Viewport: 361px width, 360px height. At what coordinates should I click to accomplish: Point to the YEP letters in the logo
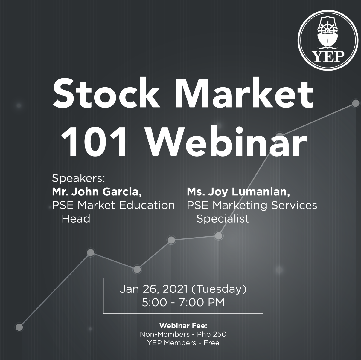click(x=329, y=56)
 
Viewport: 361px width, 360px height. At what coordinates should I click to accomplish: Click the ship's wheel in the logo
click(x=327, y=28)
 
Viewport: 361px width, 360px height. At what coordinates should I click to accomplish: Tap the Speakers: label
click(x=79, y=179)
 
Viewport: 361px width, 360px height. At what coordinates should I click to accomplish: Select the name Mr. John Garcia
click(x=97, y=192)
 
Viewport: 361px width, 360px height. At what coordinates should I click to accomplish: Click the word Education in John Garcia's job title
click(x=147, y=205)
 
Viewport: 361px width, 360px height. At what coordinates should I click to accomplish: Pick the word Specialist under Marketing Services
click(x=223, y=219)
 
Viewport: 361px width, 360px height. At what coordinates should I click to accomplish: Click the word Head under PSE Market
click(x=76, y=219)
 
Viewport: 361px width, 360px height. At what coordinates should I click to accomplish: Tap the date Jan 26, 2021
click(x=154, y=289)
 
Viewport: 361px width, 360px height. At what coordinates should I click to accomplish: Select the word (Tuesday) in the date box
click(x=219, y=289)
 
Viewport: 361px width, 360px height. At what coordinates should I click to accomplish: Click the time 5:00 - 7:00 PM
click(x=183, y=302)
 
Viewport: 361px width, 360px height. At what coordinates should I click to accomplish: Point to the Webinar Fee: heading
click(x=183, y=326)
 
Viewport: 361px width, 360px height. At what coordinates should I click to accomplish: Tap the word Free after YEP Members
click(x=211, y=343)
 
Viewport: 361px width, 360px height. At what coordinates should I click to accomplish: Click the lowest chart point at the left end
click(x=19, y=327)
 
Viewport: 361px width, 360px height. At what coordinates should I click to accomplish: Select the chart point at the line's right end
click(x=356, y=103)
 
